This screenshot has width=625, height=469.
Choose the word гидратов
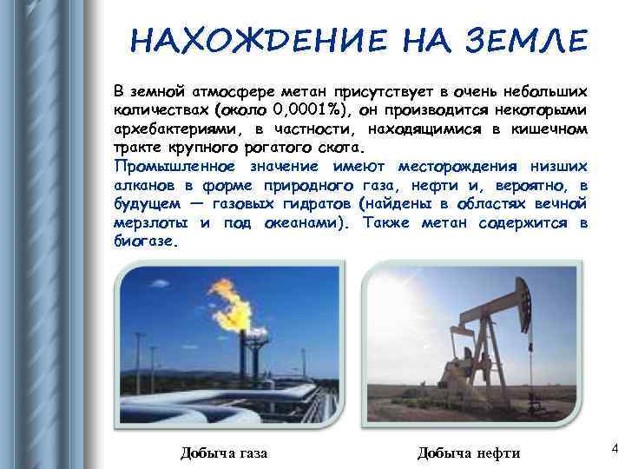click(316, 204)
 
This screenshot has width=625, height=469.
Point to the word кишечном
click(551, 129)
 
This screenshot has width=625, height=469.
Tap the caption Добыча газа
click(223, 452)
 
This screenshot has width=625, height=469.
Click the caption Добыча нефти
click(469, 452)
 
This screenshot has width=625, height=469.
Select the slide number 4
click(615, 448)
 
